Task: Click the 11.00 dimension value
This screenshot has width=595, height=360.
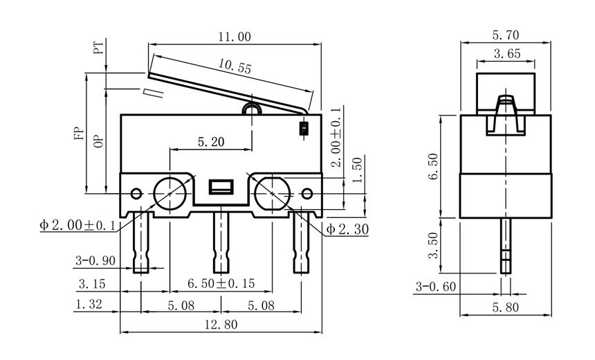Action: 235,37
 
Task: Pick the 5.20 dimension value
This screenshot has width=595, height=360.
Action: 210,142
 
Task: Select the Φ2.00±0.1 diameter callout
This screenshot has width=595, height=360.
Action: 77,226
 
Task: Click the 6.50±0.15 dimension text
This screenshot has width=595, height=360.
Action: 221,283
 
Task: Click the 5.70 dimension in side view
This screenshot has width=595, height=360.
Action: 506,35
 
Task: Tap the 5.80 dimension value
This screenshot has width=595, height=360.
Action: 506,307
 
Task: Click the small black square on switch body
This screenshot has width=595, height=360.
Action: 302,128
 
